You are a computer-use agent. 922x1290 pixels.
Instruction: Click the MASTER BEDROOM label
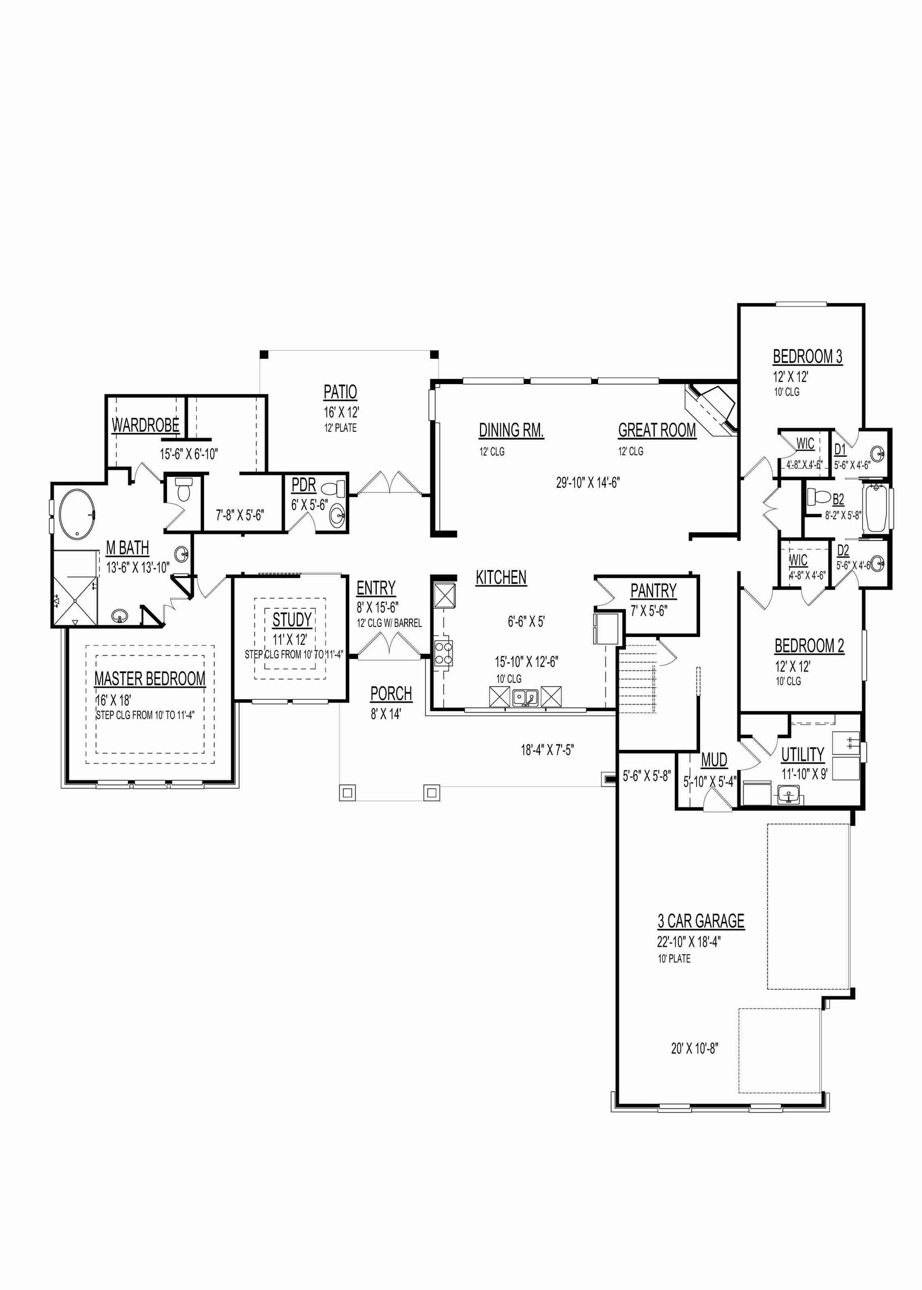tap(150, 679)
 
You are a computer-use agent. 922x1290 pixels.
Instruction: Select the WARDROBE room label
tap(145, 426)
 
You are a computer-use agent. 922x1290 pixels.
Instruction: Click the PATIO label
tap(341, 392)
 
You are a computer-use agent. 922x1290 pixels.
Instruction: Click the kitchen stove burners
tap(444, 653)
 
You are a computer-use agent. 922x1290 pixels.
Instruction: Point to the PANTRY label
tap(653, 591)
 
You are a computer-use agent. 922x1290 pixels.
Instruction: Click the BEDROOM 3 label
tap(807, 356)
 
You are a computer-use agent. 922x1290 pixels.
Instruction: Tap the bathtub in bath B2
tap(875, 509)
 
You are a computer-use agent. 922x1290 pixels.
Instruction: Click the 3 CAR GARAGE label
tap(701, 921)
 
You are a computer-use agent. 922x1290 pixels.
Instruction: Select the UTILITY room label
tap(802, 754)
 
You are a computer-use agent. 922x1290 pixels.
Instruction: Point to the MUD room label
tap(714, 760)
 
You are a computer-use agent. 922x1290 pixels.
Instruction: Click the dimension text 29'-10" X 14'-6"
tap(588, 483)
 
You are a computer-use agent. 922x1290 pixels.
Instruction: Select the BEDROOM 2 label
tap(809, 646)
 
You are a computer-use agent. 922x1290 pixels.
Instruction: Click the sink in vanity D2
tap(876, 563)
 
